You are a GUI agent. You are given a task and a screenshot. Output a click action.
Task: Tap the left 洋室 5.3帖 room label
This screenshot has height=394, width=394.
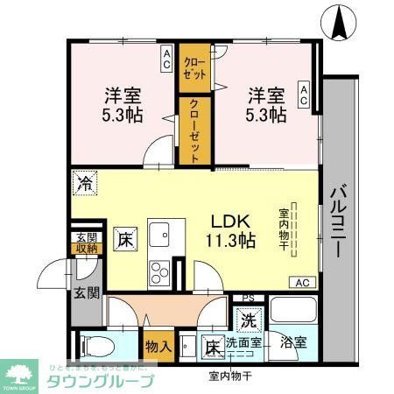(123, 104)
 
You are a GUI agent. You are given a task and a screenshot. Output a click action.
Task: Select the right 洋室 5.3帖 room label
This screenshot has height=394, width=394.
(264, 104)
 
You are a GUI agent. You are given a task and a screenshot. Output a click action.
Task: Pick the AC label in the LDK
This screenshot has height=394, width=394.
(301, 282)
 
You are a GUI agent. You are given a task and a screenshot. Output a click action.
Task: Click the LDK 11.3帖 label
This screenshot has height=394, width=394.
(231, 229)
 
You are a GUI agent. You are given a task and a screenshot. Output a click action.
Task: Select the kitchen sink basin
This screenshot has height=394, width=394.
(159, 236)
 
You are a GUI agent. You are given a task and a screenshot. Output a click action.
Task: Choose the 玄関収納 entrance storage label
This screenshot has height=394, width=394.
(87, 243)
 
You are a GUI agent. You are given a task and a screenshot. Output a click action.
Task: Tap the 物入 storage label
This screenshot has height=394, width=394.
(158, 347)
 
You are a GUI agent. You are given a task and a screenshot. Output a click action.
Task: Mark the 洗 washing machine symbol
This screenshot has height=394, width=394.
(249, 320)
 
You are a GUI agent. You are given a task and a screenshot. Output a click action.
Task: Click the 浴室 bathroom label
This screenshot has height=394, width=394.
(293, 342)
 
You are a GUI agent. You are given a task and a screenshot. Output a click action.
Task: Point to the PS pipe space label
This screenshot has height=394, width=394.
(248, 299)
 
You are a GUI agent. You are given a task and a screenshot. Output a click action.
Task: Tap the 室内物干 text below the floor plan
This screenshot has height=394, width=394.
(229, 376)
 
